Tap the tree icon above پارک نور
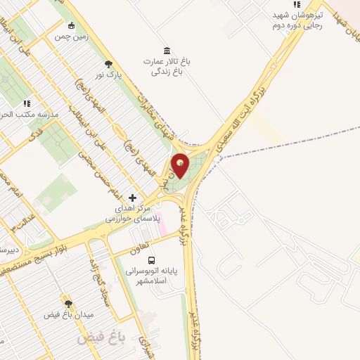point(108,63)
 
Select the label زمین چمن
point(71,36)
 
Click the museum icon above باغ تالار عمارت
point(166,50)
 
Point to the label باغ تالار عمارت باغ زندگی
point(167,65)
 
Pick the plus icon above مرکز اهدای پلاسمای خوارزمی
point(133,198)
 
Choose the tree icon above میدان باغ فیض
point(68,304)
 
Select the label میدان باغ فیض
point(68,316)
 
